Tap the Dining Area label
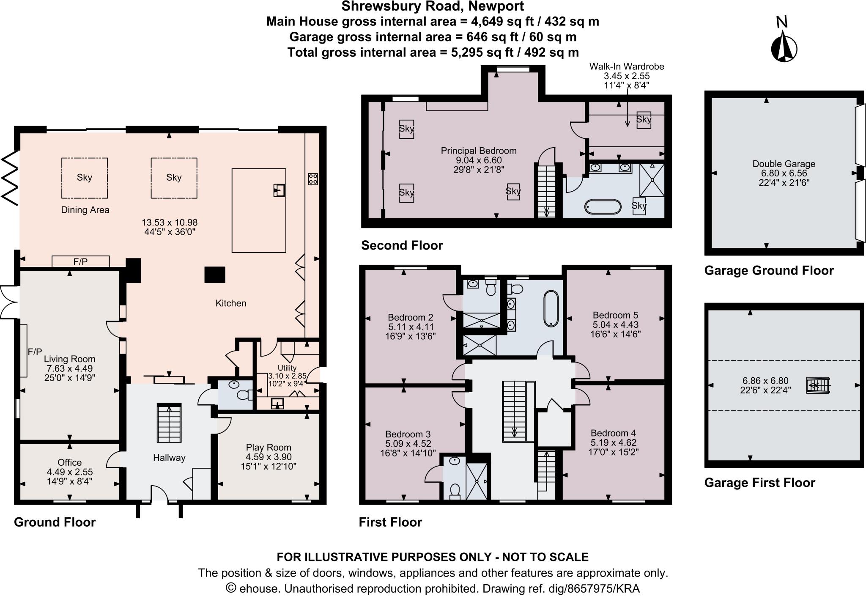pyautogui.click(x=85, y=210)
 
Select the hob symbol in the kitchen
pyautogui.click(x=313, y=179)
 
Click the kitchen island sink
pyautogui.click(x=279, y=190)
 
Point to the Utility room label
pyautogui.click(x=287, y=368)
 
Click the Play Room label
pyautogui.click(x=269, y=448)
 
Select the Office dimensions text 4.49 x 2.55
pyautogui.click(x=70, y=472)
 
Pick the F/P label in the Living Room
pyautogui.click(x=35, y=352)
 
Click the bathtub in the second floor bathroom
pyautogui.click(x=603, y=207)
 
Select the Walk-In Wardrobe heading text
pyautogui.click(x=627, y=66)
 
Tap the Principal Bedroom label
pyautogui.click(x=478, y=151)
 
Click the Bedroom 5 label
pyautogui.click(x=615, y=315)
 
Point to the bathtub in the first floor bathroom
pyautogui.click(x=551, y=308)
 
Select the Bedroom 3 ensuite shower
pyautogui.click(x=477, y=481)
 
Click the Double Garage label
pyautogui.click(x=784, y=164)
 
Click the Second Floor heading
pyautogui.click(x=402, y=245)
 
